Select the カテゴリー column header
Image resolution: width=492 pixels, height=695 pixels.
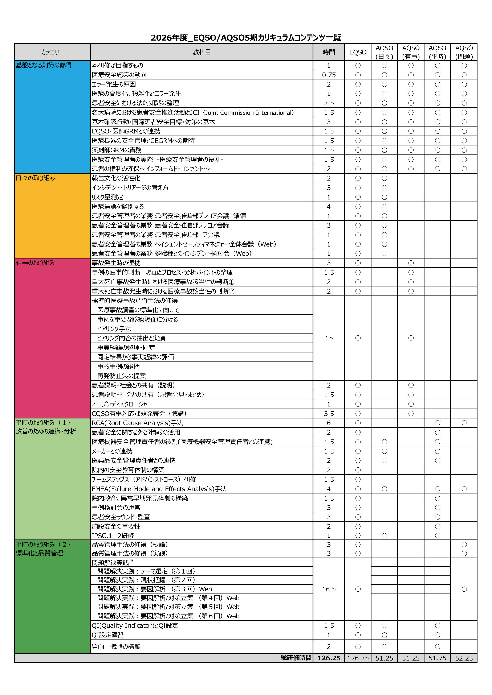52,52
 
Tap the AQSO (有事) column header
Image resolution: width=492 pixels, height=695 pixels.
411,52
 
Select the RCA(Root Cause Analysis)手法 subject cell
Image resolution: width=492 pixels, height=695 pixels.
137,423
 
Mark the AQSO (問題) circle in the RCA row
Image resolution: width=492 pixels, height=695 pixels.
464,423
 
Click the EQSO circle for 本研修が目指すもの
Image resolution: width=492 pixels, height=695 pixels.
358,65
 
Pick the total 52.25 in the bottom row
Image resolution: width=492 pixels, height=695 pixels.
464,658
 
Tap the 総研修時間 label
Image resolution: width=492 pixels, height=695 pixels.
296,658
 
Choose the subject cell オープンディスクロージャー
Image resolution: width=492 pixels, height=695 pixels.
122,404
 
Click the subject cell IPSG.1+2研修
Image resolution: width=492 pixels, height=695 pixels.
113,535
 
